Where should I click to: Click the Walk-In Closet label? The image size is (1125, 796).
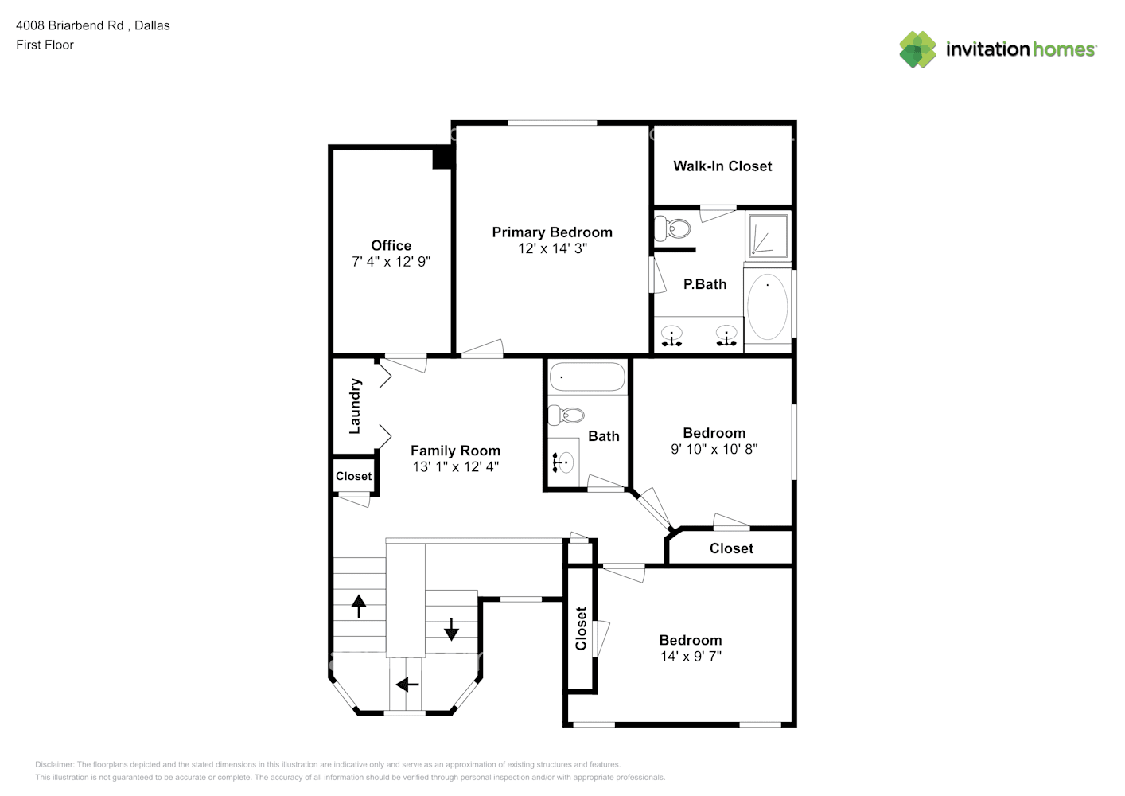pyautogui.click(x=722, y=166)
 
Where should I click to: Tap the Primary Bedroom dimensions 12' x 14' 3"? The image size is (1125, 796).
pyautogui.click(x=552, y=248)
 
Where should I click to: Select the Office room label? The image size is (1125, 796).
pyautogui.click(x=391, y=245)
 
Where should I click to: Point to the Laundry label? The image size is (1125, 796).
pyautogui.click(x=355, y=406)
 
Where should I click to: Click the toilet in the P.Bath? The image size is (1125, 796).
pyautogui.click(x=672, y=228)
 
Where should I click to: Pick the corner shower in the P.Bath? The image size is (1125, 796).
pyautogui.click(x=768, y=235)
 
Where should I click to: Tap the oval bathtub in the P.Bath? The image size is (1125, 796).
pyautogui.click(x=768, y=306)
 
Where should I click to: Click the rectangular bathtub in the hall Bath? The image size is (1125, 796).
pyautogui.click(x=587, y=377)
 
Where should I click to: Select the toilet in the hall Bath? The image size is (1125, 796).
pyautogui.click(x=566, y=415)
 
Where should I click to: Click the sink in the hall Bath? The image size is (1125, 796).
pyautogui.click(x=563, y=462)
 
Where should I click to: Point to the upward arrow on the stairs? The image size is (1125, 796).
pyautogui.click(x=359, y=606)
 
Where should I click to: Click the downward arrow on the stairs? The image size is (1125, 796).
pyautogui.click(x=451, y=629)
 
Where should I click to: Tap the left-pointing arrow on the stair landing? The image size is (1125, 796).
pyautogui.click(x=407, y=685)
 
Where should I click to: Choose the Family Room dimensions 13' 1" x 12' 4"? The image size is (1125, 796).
pyautogui.click(x=456, y=466)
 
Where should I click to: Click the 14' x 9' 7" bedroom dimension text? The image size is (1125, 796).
pyautogui.click(x=691, y=656)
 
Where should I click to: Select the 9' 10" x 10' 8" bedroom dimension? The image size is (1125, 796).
pyautogui.click(x=714, y=449)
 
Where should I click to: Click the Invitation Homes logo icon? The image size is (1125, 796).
pyautogui.click(x=917, y=49)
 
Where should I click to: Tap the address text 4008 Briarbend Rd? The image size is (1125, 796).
pyautogui.click(x=70, y=25)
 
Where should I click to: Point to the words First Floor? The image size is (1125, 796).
pyautogui.click(x=45, y=45)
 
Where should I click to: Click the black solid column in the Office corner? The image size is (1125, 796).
pyautogui.click(x=443, y=158)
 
